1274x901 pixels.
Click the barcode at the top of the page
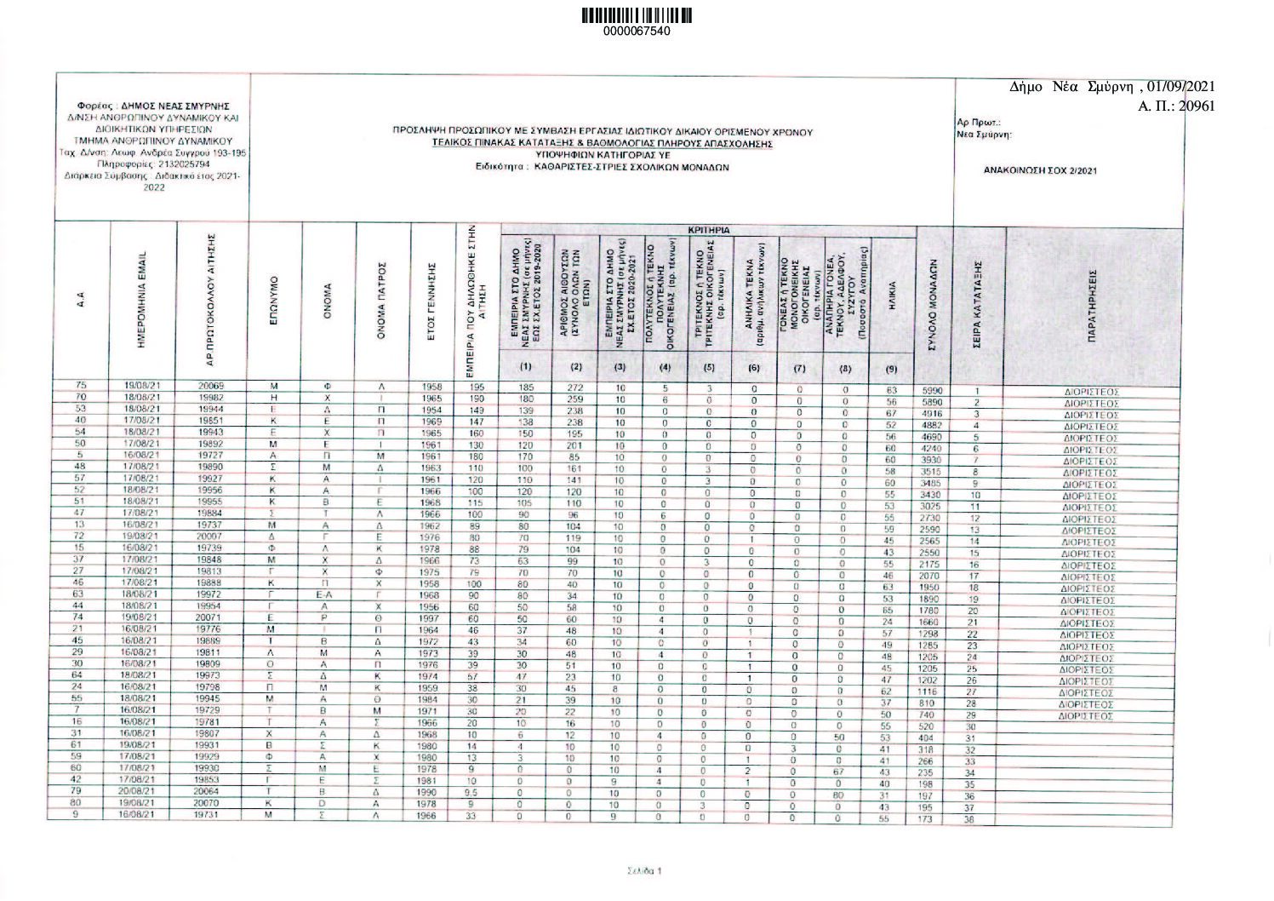pyautogui.click(x=637, y=15)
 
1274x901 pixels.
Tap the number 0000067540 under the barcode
pyautogui.click(x=637, y=32)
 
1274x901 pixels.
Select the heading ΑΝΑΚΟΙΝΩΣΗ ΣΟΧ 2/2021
pyautogui.click(x=1040, y=170)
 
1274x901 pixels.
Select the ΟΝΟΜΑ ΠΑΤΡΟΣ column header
pyautogui.click(x=381, y=303)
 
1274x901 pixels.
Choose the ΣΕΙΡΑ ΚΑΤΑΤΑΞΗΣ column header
pyautogui.click(x=978, y=303)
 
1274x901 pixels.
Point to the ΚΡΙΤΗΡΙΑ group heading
pyautogui.click(x=709, y=230)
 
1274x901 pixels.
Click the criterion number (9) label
pyautogui.click(x=891, y=369)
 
